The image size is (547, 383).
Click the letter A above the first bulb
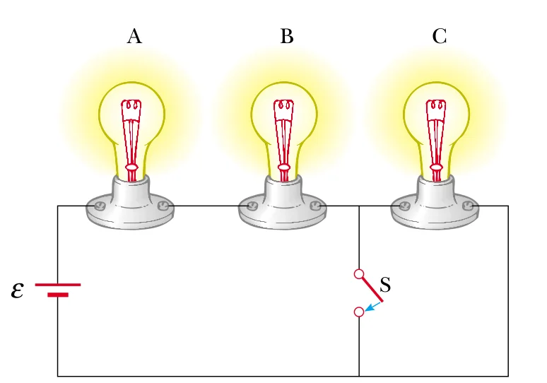134,37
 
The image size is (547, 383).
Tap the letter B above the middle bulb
286,37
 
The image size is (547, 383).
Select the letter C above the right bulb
439,37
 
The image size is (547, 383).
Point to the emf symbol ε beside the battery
18,290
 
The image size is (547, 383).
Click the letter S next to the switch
385,285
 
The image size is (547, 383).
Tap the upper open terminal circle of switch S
359,273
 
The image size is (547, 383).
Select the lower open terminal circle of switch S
359,312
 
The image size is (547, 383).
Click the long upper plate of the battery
58,285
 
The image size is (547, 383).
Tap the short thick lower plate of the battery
58,294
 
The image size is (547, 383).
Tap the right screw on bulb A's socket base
163,206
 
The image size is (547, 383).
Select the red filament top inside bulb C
436,106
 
